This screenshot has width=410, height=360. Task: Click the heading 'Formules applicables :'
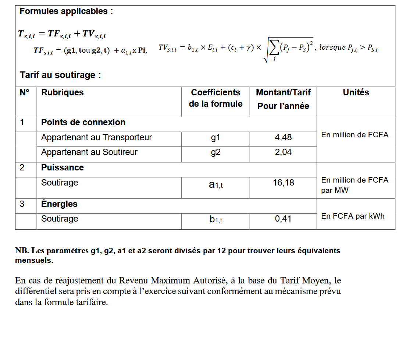pyautogui.click(x=66, y=11)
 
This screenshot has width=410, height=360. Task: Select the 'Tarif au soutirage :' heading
pyautogui.click(x=60, y=75)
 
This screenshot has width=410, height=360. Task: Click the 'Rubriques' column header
pyautogui.click(x=63, y=93)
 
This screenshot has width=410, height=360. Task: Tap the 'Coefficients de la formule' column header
pyautogui.click(x=215, y=98)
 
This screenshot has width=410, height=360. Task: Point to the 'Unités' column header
pyautogui.click(x=356, y=93)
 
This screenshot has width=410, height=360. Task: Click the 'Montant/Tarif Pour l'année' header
pyautogui.click(x=283, y=99)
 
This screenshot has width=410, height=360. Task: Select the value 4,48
pyautogui.click(x=283, y=138)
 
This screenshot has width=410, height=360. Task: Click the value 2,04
pyautogui.click(x=283, y=152)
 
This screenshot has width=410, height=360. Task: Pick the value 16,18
pyautogui.click(x=283, y=183)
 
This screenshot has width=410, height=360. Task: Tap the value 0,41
pyautogui.click(x=283, y=219)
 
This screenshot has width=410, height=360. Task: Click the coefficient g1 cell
pyautogui.click(x=215, y=138)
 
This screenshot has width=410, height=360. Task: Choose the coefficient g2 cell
pyautogui.click(x=215, y=152)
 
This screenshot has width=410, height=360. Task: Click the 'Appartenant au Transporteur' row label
pyautogui.click(x=96, y=138)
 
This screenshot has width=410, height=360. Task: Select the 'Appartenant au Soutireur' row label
pyautogui.click(x=89, y=152)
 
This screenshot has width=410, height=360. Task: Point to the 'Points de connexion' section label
pyautogui.click(x=83, y=123)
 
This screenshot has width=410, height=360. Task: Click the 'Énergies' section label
pyautogui.click(x=59, y=204)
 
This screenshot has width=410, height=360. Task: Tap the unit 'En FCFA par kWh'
pyautogui.click(x=353, y=216)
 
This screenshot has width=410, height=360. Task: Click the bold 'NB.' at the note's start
pyautogui.click(x=22, y=251)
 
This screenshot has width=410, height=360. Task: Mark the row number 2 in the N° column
pyautogui.click(x=22, y=168)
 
